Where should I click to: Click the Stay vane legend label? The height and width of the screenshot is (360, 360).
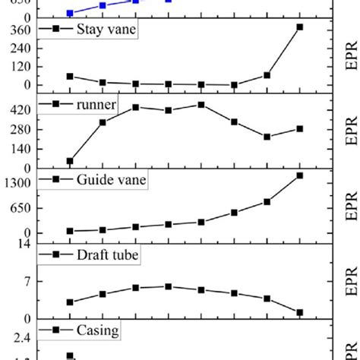click(102, 30)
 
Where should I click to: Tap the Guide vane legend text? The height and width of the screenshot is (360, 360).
click(111, 179)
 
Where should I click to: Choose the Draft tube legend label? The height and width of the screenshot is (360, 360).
click(107, 255)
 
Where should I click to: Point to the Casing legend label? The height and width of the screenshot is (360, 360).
click(97, 330)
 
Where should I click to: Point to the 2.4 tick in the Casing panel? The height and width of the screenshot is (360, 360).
click(21, 336)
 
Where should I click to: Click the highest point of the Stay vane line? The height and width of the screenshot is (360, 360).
click(299, 27)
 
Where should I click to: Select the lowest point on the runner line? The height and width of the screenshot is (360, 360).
click(70, 161)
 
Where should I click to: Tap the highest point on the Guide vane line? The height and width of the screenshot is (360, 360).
click(299, 175)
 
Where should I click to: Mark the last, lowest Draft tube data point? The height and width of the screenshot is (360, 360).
click(299, 312)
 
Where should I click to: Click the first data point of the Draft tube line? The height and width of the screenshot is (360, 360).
click(70, 302)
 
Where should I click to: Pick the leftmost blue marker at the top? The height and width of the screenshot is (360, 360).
click(70, 13)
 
